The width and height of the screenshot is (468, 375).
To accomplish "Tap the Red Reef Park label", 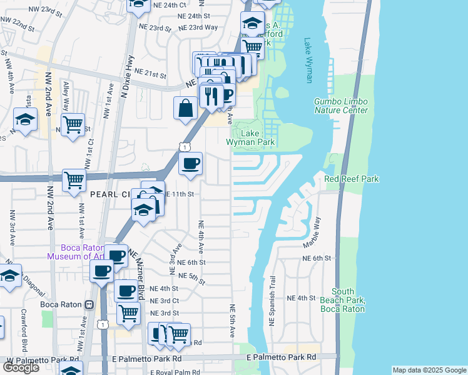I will pos(352,179).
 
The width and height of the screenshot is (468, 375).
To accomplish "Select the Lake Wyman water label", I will pos(308,61).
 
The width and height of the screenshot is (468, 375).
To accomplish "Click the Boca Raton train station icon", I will pos(89,305).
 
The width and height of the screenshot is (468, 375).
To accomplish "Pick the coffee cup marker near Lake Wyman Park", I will pos(191,164).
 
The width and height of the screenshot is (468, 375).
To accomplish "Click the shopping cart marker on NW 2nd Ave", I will pos(73,180).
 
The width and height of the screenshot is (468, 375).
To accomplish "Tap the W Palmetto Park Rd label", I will pos(43,360).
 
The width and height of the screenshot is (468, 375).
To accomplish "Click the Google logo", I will pos(21,367).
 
